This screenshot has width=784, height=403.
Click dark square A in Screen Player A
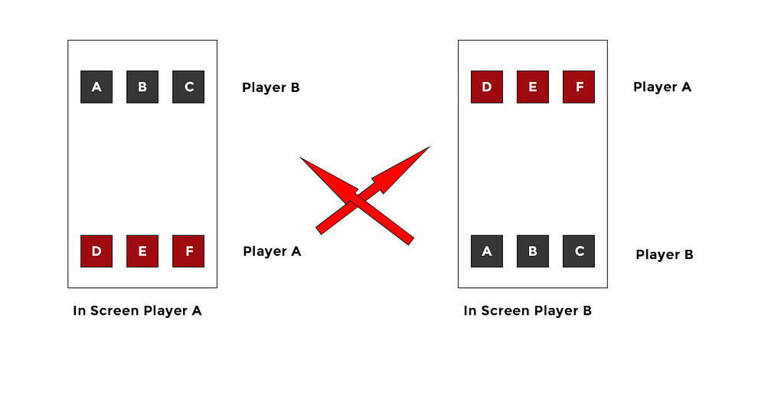pos(96,87)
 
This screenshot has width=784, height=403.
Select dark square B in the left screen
pos(142,87)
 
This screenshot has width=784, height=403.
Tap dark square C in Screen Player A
pos(188,87)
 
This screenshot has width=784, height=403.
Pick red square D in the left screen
pos(96,251)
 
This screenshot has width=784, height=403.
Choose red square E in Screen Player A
pos(142,251)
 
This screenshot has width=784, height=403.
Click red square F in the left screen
pos(188,251)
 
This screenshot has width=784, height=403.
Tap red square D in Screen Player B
pos(487,87)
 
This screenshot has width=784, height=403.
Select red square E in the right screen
pos(533,87)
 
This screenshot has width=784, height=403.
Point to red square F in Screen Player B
pos(579,87)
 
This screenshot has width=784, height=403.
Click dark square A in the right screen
pos(487,251)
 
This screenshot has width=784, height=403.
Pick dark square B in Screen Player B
pos(533,251)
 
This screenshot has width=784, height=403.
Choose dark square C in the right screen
pos(579,251)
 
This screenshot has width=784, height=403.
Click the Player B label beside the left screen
pos(271,87)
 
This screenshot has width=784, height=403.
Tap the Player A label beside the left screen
pos(272,251)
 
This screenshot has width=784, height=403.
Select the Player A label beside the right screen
pos(662,87)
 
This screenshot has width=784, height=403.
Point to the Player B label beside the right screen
pos(665,255)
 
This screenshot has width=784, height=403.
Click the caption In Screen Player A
pos(138,311)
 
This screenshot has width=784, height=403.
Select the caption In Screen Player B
pos(528,311)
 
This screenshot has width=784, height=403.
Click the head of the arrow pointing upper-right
pos(404,168)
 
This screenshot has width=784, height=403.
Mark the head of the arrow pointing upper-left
pos(328,178)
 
